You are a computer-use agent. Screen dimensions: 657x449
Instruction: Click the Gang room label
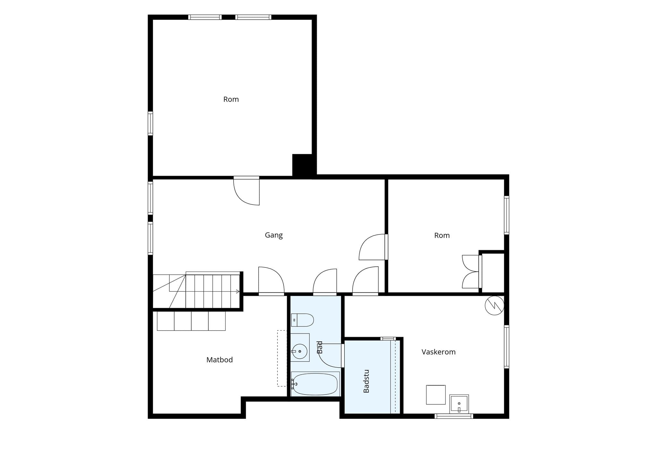(274, 235)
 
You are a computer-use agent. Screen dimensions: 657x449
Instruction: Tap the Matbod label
(219, 360)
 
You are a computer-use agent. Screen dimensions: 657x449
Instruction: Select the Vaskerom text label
(439, 352)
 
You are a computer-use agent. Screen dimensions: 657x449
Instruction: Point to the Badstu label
(366, 381)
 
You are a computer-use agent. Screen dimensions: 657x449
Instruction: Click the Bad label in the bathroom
(320, 347)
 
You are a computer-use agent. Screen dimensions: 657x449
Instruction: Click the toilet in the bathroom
(302, 320)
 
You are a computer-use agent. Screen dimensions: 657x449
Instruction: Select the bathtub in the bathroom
(315, 384)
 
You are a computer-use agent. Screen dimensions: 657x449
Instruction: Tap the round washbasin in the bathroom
(300, 352)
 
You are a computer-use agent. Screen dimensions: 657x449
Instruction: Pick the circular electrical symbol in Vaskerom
(494, 305)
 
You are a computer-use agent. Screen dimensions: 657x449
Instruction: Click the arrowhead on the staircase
(238, 291)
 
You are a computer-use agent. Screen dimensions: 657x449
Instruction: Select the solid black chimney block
(302, 165)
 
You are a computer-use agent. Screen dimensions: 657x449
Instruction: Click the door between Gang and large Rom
(246, 191)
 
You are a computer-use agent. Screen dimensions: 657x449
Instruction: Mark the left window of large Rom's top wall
(205, 17)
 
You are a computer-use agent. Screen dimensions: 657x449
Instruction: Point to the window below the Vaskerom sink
(454, 416)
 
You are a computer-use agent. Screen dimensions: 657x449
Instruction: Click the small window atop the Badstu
(388, 339)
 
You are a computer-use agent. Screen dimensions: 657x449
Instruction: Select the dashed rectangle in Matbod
(282, 358)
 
